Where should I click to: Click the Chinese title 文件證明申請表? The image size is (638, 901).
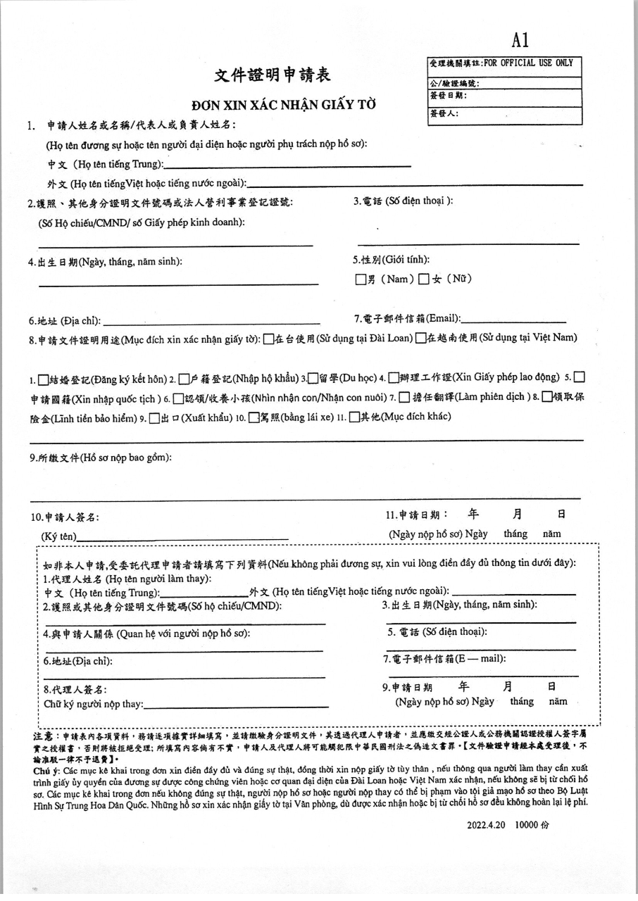click(x=272, y=75)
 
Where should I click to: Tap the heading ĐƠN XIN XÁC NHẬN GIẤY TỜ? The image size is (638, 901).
click(x=284, y=106)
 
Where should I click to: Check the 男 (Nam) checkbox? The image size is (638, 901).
click(x=361, y=279)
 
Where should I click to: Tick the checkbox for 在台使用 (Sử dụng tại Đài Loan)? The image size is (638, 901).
click(x=268, y=339)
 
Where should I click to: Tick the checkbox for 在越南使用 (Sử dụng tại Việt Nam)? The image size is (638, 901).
click(x=420, y=339)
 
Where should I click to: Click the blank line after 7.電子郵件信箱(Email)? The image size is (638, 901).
click(x=513, y=321)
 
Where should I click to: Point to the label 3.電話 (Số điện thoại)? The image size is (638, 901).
click(x=403, y=201)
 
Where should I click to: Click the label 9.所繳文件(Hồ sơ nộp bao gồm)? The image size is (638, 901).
click(x=100, y=458)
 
